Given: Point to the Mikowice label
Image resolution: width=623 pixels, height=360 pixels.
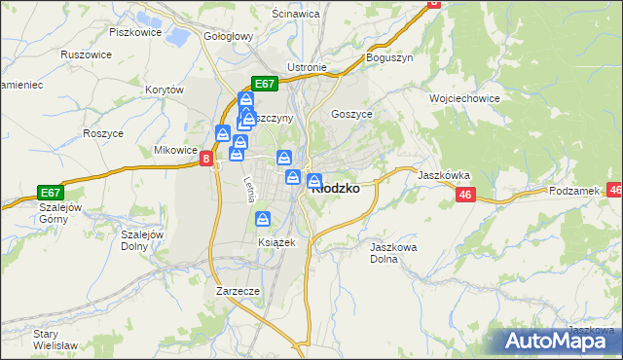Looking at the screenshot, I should point(176,151).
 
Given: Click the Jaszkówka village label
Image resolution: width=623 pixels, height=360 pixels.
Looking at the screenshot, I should point(444,176).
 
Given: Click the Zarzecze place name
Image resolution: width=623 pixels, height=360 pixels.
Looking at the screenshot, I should point(238,290).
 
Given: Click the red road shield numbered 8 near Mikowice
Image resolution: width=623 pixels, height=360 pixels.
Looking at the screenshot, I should point(206,159).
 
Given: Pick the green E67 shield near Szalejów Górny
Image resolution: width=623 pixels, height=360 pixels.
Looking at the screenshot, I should point(52,193).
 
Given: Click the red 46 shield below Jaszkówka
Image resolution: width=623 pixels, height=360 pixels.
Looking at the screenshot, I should point(463,196).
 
